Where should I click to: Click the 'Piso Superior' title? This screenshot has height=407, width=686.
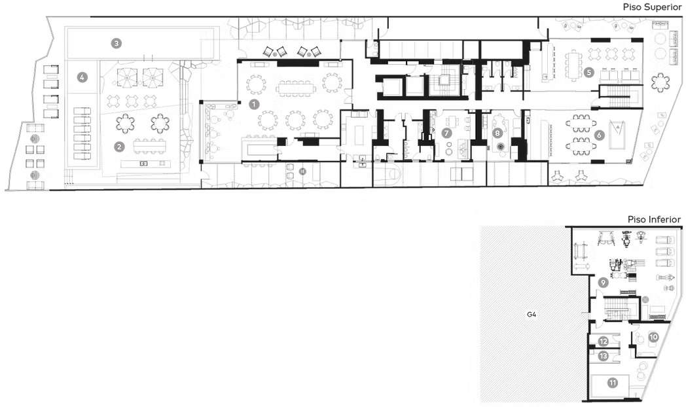[653, 7]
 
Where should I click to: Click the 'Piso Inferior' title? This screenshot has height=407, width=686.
[654, 219]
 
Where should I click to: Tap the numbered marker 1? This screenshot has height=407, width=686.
[254, 104]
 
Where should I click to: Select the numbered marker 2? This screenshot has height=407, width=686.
[119, 147]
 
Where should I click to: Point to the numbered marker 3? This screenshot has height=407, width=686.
[116, 43]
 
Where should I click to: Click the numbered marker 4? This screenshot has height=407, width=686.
[82, 77]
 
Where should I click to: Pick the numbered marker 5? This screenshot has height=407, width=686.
[589, 72]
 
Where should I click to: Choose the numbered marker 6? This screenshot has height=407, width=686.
[599, 135]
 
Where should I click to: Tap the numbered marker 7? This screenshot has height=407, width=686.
[446, 132]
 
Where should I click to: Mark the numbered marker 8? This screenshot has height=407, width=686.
[497, 132]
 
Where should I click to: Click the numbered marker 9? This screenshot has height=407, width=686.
[603, 283]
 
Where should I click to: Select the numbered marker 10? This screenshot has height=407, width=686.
[654, 337]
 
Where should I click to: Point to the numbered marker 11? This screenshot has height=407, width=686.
[613, 383]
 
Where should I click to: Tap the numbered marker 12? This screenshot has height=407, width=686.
[604, 342]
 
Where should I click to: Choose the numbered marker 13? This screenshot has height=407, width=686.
[604, 356]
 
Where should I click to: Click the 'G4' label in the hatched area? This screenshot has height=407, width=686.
[532, 314]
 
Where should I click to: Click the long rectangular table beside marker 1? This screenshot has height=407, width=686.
[296, 89]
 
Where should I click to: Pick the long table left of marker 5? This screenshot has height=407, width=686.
[573, 65]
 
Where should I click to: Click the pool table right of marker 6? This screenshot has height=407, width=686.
[617, 134]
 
